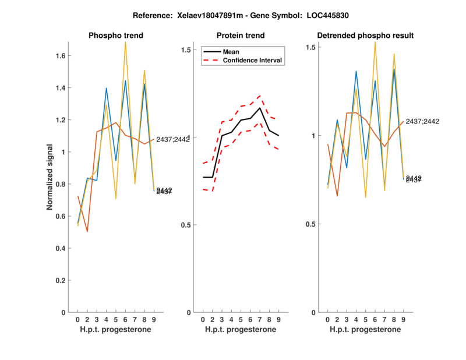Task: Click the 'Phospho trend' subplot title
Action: (x=115, y=36)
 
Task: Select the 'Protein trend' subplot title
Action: (x=241, y=36)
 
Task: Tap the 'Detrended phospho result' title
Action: (x=365, y=36)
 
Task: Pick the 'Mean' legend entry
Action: (x=231, y=52)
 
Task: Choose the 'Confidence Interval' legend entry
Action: (x=253, y=61)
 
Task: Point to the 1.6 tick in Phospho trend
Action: (x=60, y=56)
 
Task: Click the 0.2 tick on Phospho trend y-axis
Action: (x=60, y=280)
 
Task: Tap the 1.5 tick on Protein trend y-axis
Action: (x=186, y=50)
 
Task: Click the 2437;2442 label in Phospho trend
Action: (x=172, y=139)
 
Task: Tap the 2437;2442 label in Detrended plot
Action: (x=422, y=121)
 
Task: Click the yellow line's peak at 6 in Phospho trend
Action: (x=125, y=42)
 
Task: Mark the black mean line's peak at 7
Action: (x=260, y=108)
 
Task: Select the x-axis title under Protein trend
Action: (x=241, y=329)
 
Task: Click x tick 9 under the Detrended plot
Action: (x=403, y=319)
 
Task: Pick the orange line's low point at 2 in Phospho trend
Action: (x=87, y=232)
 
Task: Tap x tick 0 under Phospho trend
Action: (x=77, y=319)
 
